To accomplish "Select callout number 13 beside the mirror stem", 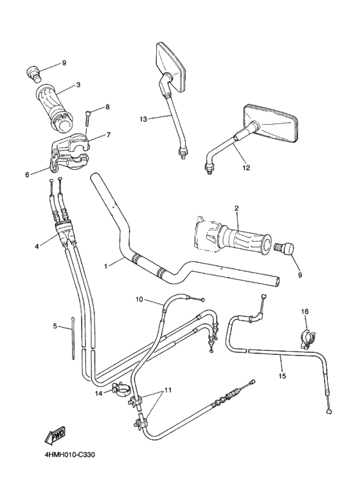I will click(143, 119).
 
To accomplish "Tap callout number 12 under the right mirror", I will click(246, 168).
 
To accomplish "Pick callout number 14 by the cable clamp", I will click(99, 393).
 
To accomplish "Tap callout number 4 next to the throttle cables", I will click(37, 244).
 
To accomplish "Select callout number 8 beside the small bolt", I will click(107, 107).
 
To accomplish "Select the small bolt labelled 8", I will click(85, 122).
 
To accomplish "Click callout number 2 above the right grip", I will click(236, 208).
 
